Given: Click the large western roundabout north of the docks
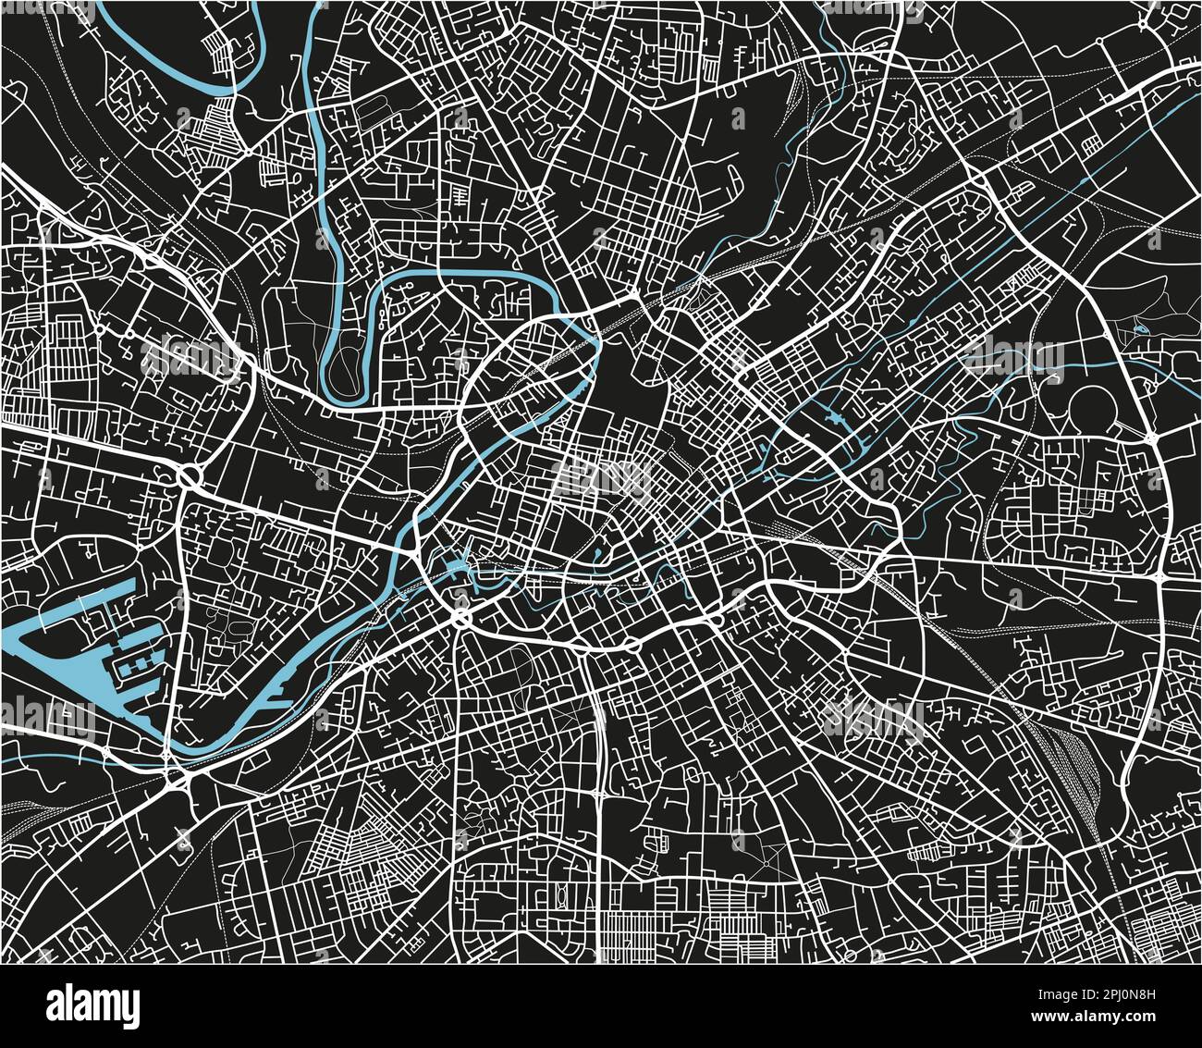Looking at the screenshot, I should (190, 477).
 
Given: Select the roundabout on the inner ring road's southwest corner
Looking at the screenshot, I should (461, 619).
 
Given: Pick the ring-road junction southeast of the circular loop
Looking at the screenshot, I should (1161, 576).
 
